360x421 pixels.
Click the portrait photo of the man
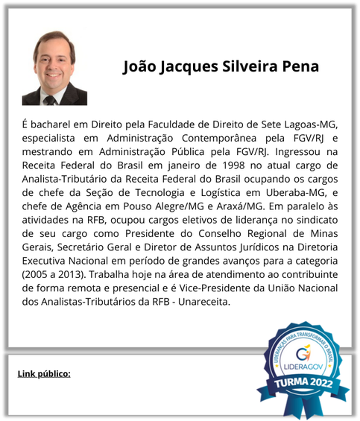pos(55,68)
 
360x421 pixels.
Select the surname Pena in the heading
pos(300,66)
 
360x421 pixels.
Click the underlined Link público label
pos(44,373)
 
